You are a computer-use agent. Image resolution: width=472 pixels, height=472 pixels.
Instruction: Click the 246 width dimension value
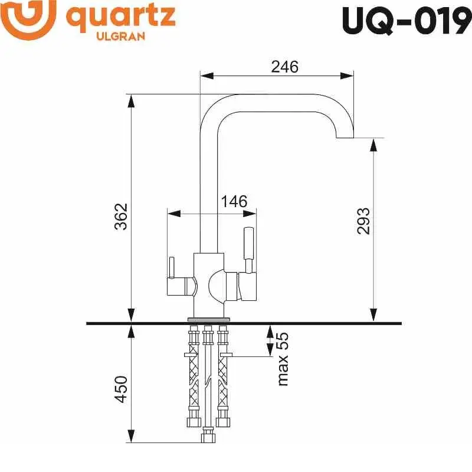pos(284,67)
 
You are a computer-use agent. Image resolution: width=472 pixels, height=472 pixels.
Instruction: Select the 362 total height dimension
pos(121,217)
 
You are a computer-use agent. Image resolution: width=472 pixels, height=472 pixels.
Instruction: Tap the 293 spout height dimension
pos(363,221)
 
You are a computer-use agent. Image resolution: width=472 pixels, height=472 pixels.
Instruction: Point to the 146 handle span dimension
pos(234,202)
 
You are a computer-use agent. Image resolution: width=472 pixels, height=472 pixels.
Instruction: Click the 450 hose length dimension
pos(121,389)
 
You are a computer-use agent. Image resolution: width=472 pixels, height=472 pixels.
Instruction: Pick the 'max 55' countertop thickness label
pos(283,359)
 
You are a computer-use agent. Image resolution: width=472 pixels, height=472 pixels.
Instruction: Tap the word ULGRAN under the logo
pos(120,36)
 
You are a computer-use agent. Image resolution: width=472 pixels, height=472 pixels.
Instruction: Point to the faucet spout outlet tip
pos(345,137)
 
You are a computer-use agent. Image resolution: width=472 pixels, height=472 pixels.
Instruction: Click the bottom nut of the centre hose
pos(207,437)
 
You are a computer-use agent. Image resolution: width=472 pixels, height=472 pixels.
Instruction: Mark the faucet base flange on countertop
pos(208,319)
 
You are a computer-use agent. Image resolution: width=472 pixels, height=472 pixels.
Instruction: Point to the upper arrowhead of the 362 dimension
pos(132,101)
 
